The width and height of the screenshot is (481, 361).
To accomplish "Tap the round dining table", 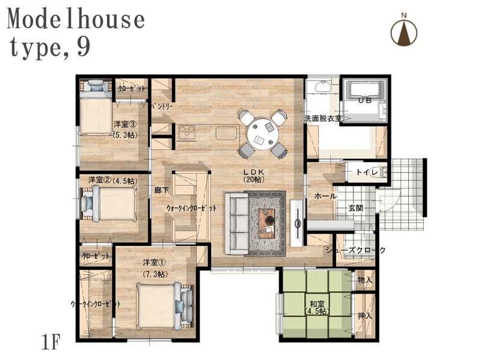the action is tap(263, 134).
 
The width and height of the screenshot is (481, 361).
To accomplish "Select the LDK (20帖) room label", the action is tap(254, 176).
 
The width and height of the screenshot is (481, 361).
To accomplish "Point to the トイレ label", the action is tap(367, 172).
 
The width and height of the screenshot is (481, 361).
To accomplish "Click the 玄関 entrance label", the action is tap(356, 208).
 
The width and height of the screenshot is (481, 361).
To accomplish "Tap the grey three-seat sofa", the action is tap(236, 223).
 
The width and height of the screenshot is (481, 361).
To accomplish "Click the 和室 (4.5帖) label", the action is tap(317, 307).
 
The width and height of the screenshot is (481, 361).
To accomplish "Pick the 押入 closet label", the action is tap(365, 315).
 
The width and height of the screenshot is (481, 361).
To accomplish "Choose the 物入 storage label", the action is tap(365, 280).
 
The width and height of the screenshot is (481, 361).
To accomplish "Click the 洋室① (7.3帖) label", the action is tap(155, 268).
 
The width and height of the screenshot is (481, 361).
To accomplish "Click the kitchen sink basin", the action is tap(227, 132).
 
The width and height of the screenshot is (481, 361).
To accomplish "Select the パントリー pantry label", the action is tap(162, 106).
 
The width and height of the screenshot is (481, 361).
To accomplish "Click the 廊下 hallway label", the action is tap(162, 190).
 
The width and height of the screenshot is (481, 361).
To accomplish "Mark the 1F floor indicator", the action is tap(51, 342).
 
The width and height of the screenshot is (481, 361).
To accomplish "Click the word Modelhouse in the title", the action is tap(76, 19).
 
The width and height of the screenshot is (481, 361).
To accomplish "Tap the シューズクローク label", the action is tap(356, 250).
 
